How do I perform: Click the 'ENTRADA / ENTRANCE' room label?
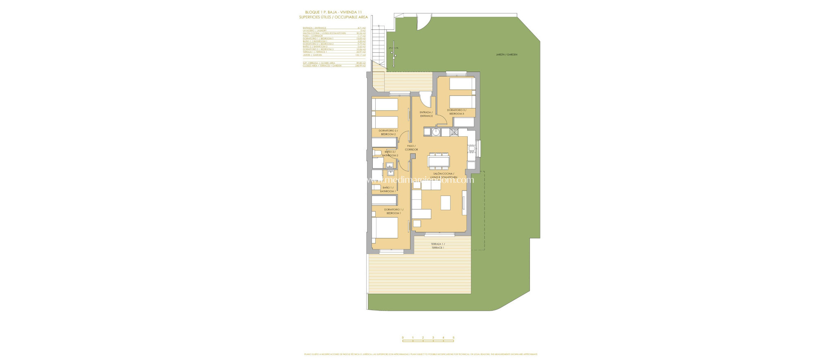click(426, 114)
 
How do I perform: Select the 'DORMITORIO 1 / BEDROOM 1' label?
click(393, 211)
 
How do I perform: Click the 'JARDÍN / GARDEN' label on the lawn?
click(504, 54)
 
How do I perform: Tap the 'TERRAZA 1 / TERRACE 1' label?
click(437, 245)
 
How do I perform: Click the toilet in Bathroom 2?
click(377, 153)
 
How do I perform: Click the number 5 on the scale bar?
click(453, 337)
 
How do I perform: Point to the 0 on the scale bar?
click(403, 337)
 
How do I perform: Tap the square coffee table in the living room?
click(445, 202)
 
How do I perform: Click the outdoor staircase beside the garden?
click(379, 45)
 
